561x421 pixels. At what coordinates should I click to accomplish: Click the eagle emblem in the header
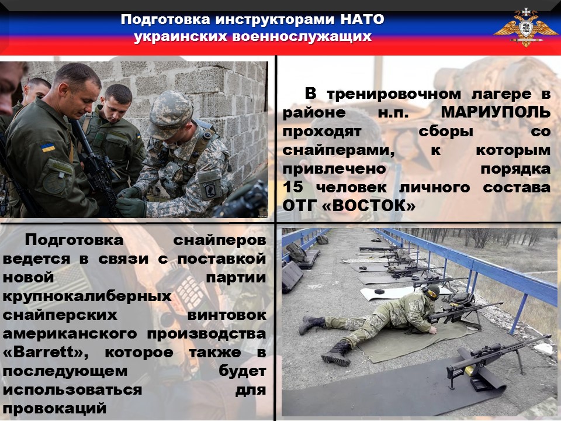click(x=525, y=28)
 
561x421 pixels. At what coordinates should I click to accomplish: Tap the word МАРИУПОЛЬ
click(x=496, y=113)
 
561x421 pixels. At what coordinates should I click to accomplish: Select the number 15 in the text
click(x=293, y=187)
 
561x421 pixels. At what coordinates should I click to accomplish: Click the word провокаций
click(x=55, y=409)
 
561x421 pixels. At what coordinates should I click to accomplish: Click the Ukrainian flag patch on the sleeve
click(x=48, y=148)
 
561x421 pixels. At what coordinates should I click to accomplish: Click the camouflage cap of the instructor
click(x=169, y=114)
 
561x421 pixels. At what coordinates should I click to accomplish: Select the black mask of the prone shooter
click(x=432, y=292)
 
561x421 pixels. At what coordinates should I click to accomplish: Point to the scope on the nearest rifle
click(x=487, y=350)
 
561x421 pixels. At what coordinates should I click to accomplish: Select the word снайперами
click(x=338, y=150)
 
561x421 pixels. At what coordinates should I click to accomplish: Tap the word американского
click(x=70, y=334)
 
